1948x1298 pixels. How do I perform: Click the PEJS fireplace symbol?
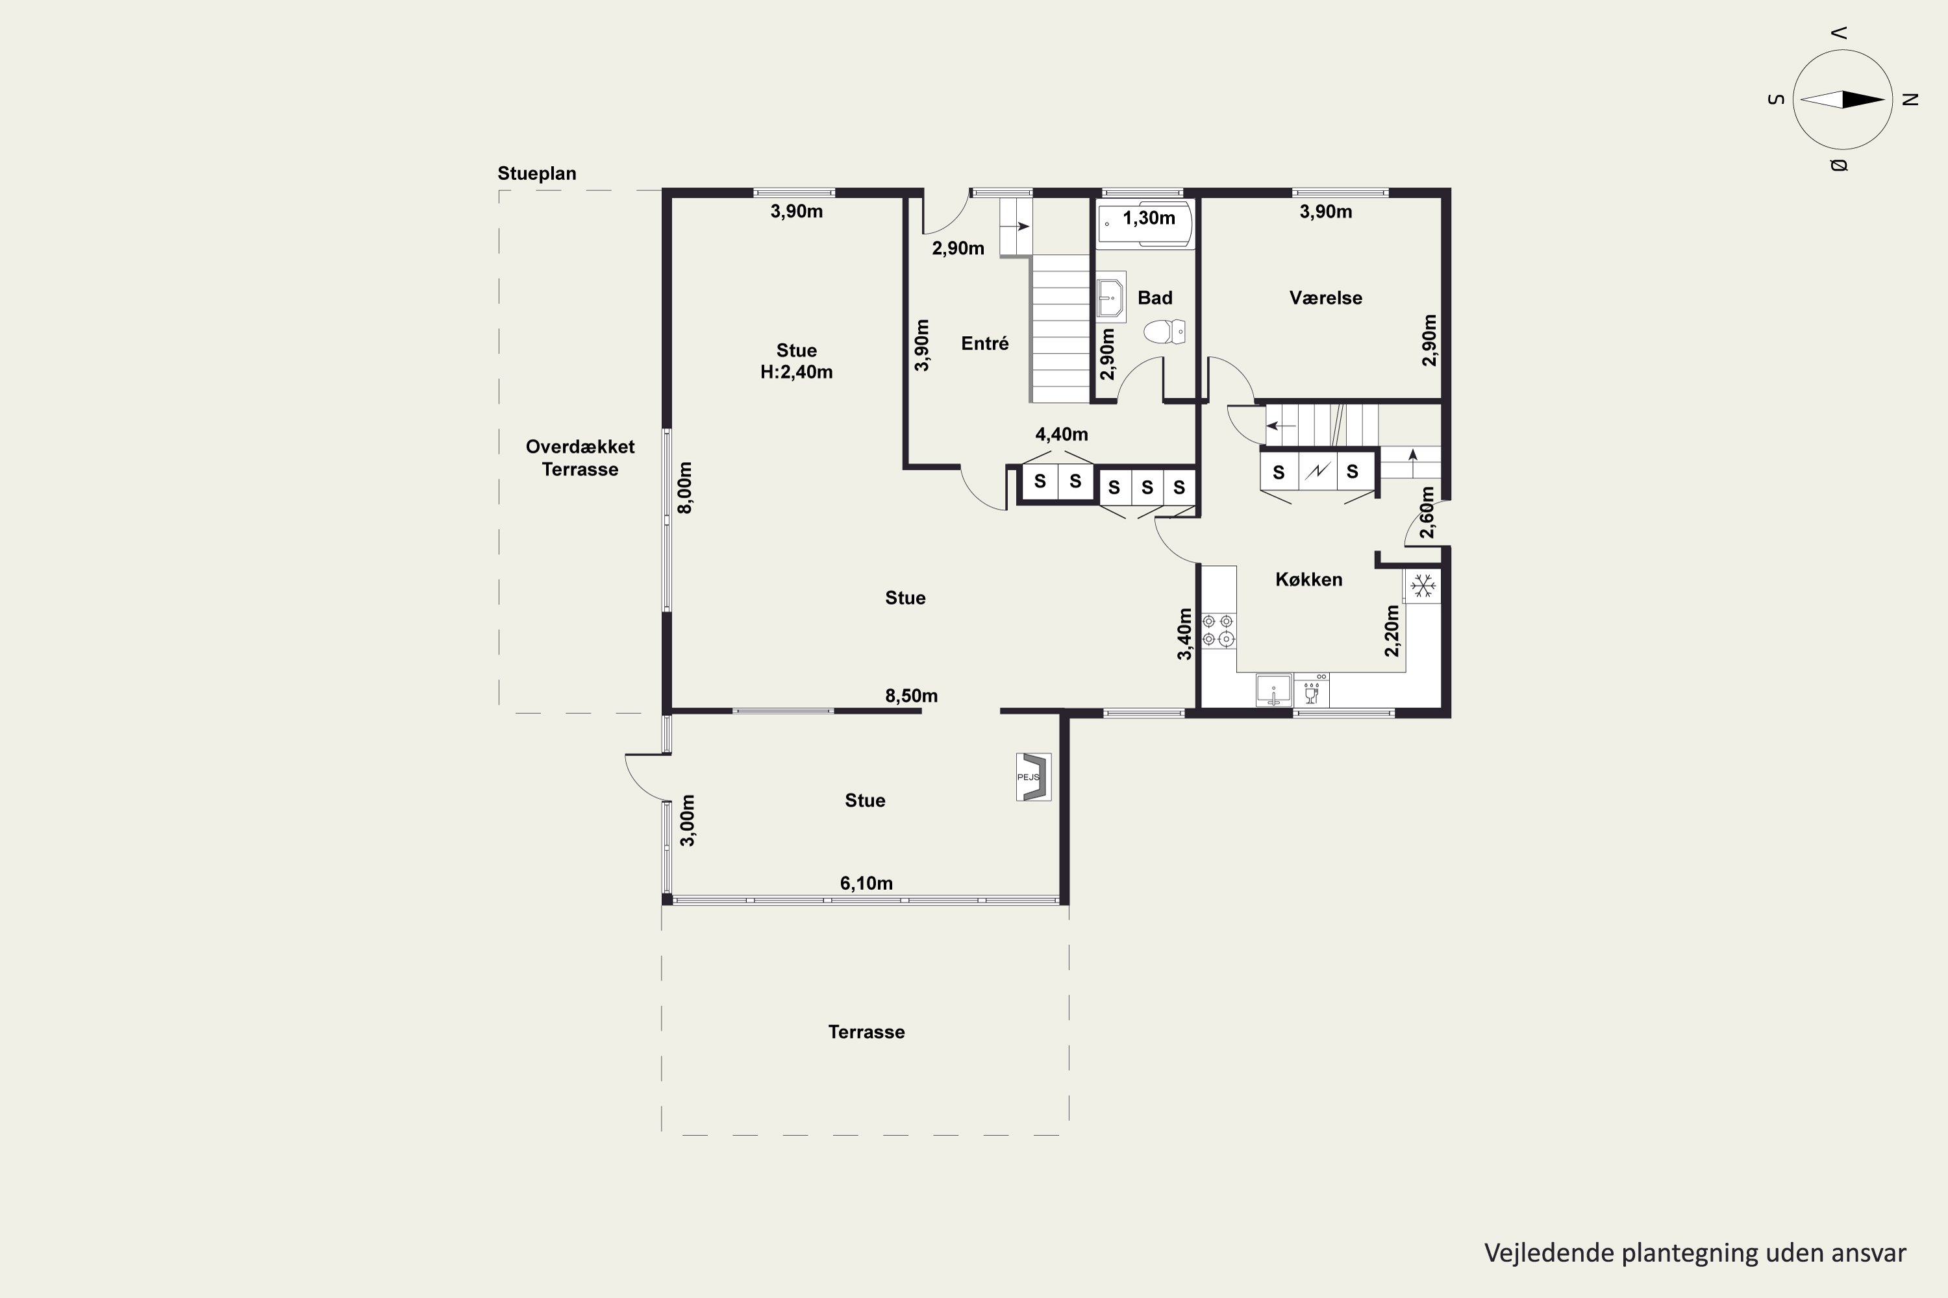pyautogui.click(x=1034, y=776)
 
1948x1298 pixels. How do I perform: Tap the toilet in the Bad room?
pyautogui.click(x=1164, y=332)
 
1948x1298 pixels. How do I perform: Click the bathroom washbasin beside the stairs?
pyautogui.click(x=1110, y=295)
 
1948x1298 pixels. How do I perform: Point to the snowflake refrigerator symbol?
pyautogui.click(x=1422, y=586)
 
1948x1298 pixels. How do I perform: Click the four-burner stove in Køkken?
pyautogui.click(x=1218, y=630)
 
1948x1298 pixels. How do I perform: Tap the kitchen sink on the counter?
pyautogui.click(x=1274, y=689)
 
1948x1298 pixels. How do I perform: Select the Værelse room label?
pyautogui.click(x=1325, y=298)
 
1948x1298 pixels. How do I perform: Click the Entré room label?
pyautogui.click(x=985, y=343)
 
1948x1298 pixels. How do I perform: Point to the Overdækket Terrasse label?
pyautogui.click(x=580, y=458)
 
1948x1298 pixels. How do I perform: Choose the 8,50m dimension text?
pyautogui.click(x=911, y=695)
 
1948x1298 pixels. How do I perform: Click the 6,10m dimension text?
pyautogui.click(x=866, y=883)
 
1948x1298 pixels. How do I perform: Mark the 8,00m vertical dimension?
pyautogui.click(x=685, y=487)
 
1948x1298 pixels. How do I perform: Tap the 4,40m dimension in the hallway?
pyautogui.click(x=1062, y=434)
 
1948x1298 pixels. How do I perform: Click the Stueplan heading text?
pyautogui.click(x=537, y=174)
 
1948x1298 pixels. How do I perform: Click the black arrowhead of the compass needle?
pyautogui.click(x=1863, y=100)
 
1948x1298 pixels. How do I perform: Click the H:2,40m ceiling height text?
pyautogui.click(x=797, y=373)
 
